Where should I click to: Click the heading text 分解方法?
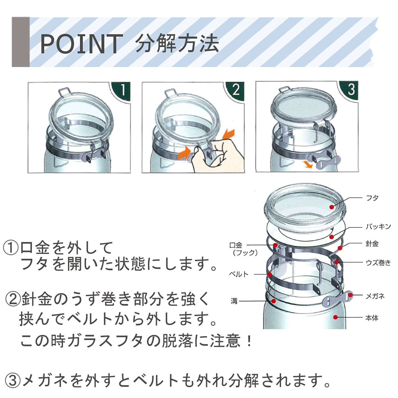177,43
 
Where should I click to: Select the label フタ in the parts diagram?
372,198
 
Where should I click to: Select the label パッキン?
378,227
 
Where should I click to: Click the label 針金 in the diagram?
372,244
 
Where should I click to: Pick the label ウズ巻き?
378,263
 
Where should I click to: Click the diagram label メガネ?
375,296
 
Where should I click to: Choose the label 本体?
372,318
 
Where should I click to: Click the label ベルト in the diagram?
239,274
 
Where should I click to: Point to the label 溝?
234,301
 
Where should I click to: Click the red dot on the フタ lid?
332,207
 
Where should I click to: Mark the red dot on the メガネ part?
350,295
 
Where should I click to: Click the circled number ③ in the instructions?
13,380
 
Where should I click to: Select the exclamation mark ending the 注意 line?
249,341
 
